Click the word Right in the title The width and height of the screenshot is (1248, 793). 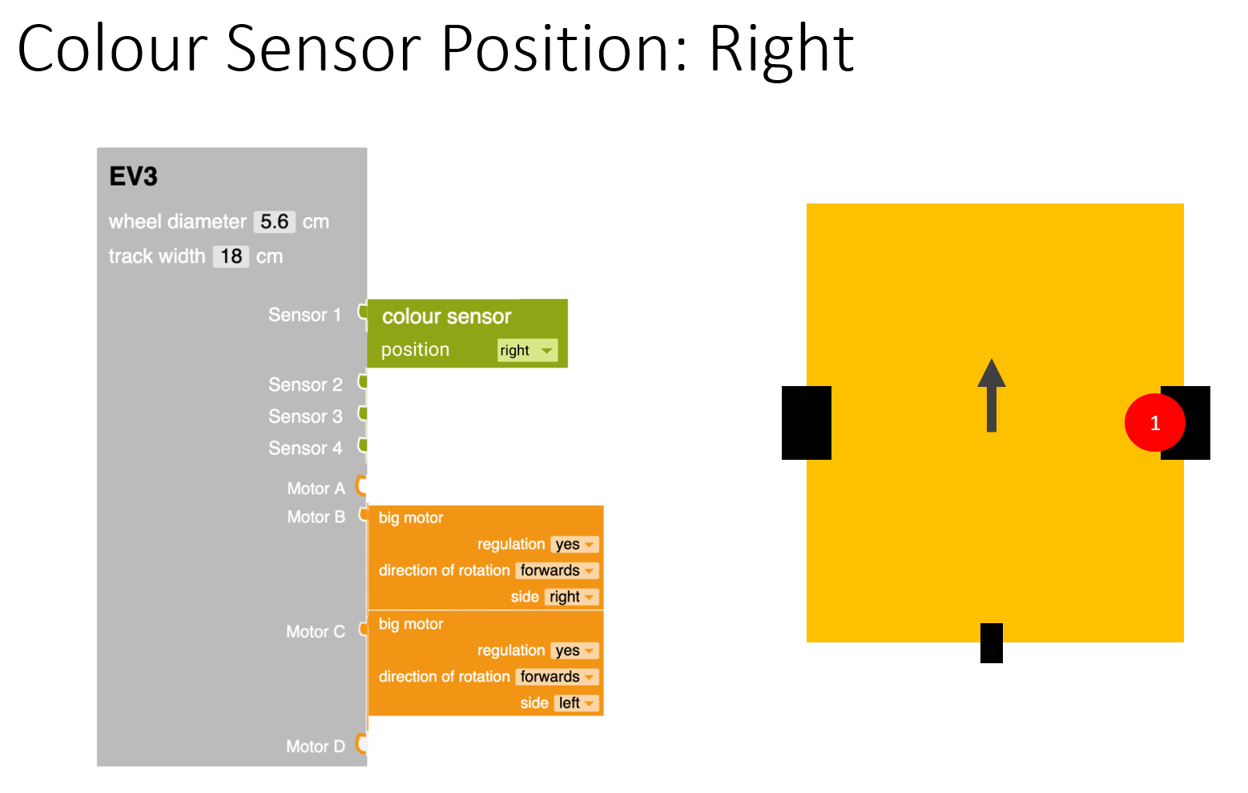click(781, 50)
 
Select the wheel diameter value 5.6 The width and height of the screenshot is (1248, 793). click(275, 222)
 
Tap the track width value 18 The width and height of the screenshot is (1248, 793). click(231, 256)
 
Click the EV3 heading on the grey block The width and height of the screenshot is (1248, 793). click(134, 176)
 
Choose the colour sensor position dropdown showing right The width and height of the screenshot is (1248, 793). click(526, 350)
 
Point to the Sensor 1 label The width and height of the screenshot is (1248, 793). click(304, 315)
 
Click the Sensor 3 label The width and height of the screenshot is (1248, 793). click(304, 417)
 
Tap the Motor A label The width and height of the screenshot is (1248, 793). click(316, 489)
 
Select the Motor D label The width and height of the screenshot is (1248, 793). click(316, 747)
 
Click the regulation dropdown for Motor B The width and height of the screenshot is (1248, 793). click(574, 545)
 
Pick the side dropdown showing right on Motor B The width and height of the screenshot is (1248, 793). click(572, 597)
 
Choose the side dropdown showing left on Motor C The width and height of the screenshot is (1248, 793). click(576, 703)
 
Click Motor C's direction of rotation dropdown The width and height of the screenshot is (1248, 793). click(557, 677)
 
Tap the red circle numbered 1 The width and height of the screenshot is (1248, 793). click(1154, 423)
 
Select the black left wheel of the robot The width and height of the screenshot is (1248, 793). click(806, 423)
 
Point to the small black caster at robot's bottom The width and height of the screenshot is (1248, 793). click(992, 643)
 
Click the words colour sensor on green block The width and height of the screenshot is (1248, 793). click(446, 316)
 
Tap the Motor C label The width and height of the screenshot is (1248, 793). click(316, 632)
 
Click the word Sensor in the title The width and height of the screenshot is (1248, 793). click(324, 50)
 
